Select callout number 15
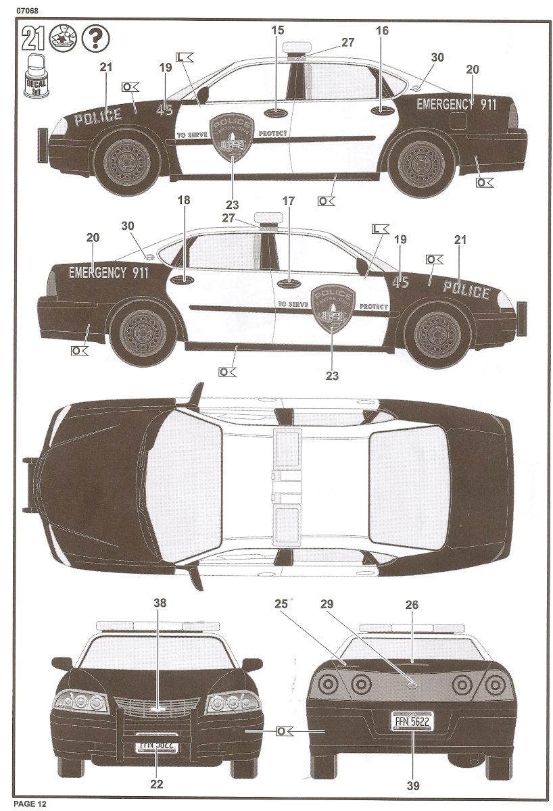point(279,31)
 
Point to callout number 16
point(382,31)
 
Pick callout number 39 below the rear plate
point(413,785)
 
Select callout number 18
point(184,200)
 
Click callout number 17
point(289,201)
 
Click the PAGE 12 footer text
point(24,803)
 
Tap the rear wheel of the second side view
point(143,335)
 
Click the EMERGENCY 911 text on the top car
point(456,105)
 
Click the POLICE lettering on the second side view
point(466,291)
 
